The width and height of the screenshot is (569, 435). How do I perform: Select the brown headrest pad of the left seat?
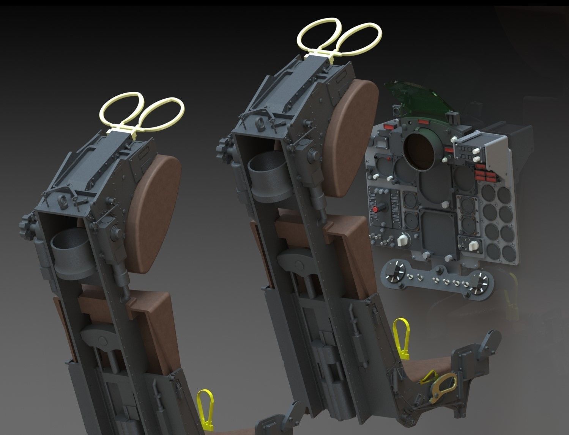[158, 212]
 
